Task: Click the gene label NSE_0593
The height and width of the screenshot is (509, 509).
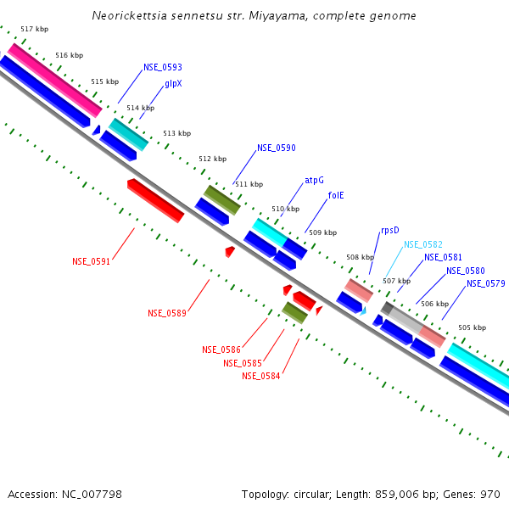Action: click(x=162, y=67)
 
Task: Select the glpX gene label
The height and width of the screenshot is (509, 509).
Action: click(x=173, y=84)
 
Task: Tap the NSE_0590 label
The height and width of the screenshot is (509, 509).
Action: click(x=277, y=148)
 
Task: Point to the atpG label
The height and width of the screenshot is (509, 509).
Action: click(x=314, y=180)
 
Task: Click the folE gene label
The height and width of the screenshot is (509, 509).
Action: click(x=336, y=195)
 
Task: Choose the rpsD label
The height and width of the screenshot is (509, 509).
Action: click(x=389, y=230)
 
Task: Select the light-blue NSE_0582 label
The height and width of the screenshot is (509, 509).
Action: click(x=422, y=244)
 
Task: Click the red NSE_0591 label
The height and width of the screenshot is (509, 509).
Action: click(x=91, y=261)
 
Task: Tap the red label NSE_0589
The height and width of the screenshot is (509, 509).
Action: click(x=166, y=313)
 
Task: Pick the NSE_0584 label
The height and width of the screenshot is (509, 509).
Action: click(x=260, y=376)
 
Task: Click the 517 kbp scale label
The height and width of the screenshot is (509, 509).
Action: click(x=34, y=29)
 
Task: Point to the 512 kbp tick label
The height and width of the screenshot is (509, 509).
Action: click(x=212, y=159)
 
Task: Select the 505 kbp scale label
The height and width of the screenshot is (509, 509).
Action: click(x=472, y=327)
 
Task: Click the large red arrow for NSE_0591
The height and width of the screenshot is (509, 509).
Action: click(x=155, y=200)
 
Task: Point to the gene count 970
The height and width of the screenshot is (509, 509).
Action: click(x=489, y=494)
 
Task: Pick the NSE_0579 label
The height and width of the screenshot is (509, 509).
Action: click(x=485, y=283)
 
